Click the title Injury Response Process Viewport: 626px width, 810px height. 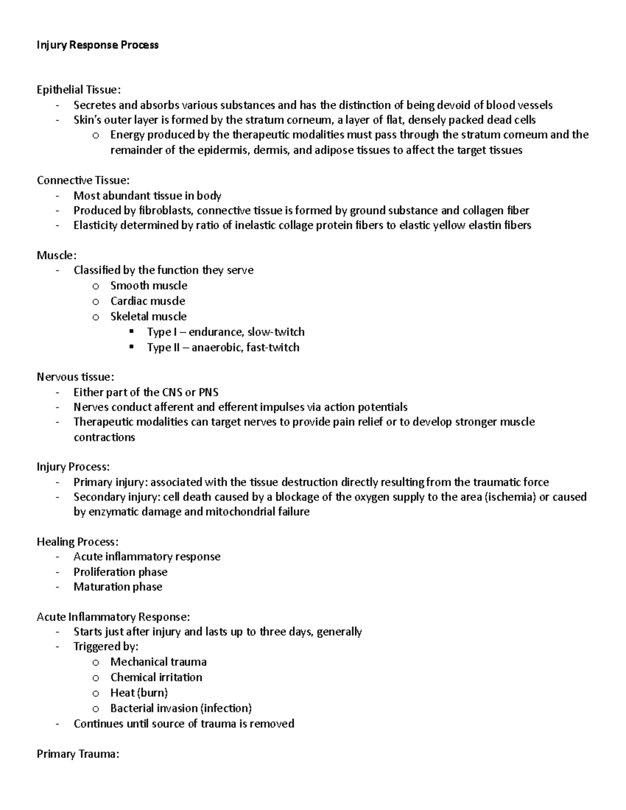pyautogui.click(x=98, y=45)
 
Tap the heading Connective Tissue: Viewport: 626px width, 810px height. pyautogui.click(x=83, y=180)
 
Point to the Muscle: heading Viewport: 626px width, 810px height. pyautogui.click(x=56, y=256)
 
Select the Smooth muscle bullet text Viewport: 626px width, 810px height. pyautogui.click(x=149, y=286)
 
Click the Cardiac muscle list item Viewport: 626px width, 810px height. pyautogui.click(x=148, y=301)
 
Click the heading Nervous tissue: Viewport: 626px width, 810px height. pyautogui.click(x=75, y=377)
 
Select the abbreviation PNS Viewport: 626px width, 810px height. pyautogui.click(x=208, y=392)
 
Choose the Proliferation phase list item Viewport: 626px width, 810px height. pyautogui.click(x=120, y=572)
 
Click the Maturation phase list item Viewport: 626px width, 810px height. pyautogui.click(x=117, y=587)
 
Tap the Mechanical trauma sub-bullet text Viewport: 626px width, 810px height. pyautogui.click(x=158, y=662)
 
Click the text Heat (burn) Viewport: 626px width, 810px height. pyautogui.click(x=139, y=693)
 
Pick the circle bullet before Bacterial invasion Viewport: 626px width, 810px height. pyautogui.click(x=95, y=709)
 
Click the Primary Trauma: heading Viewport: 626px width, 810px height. pyautogui.click(x=78, y=754)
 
